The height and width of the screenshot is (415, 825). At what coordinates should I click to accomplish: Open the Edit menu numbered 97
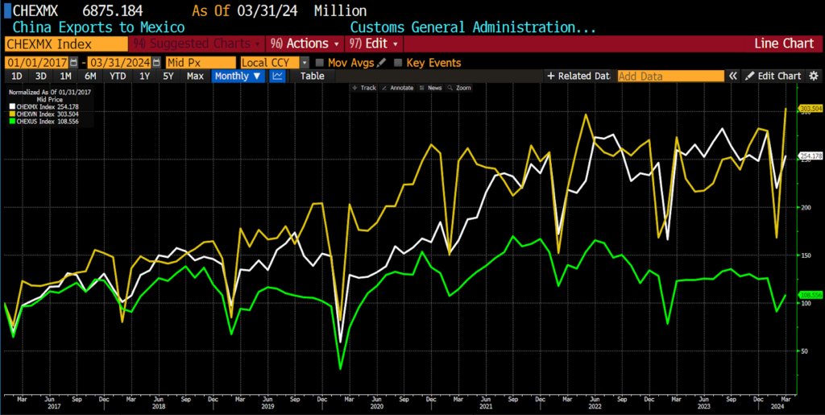[374, 44]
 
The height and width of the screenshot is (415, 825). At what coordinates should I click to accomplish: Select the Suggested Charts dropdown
[197, 44]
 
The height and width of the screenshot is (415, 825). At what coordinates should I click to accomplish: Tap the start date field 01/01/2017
[36, 62]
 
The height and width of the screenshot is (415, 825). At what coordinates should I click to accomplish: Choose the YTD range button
[118, 76]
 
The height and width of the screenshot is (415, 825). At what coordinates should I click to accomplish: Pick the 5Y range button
[168, 76]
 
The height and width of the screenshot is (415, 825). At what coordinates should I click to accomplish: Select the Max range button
[195, 76]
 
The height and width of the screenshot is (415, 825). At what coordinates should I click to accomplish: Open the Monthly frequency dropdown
[238, 76]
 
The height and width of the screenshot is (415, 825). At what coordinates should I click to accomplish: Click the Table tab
[312, 76]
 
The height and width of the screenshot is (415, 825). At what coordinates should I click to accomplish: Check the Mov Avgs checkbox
[321, 63]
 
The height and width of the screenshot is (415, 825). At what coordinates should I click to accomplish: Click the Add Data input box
[670, 76]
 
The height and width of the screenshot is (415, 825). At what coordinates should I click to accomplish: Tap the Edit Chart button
[773, 76]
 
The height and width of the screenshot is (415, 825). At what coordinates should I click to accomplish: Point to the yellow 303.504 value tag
[810, 108]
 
